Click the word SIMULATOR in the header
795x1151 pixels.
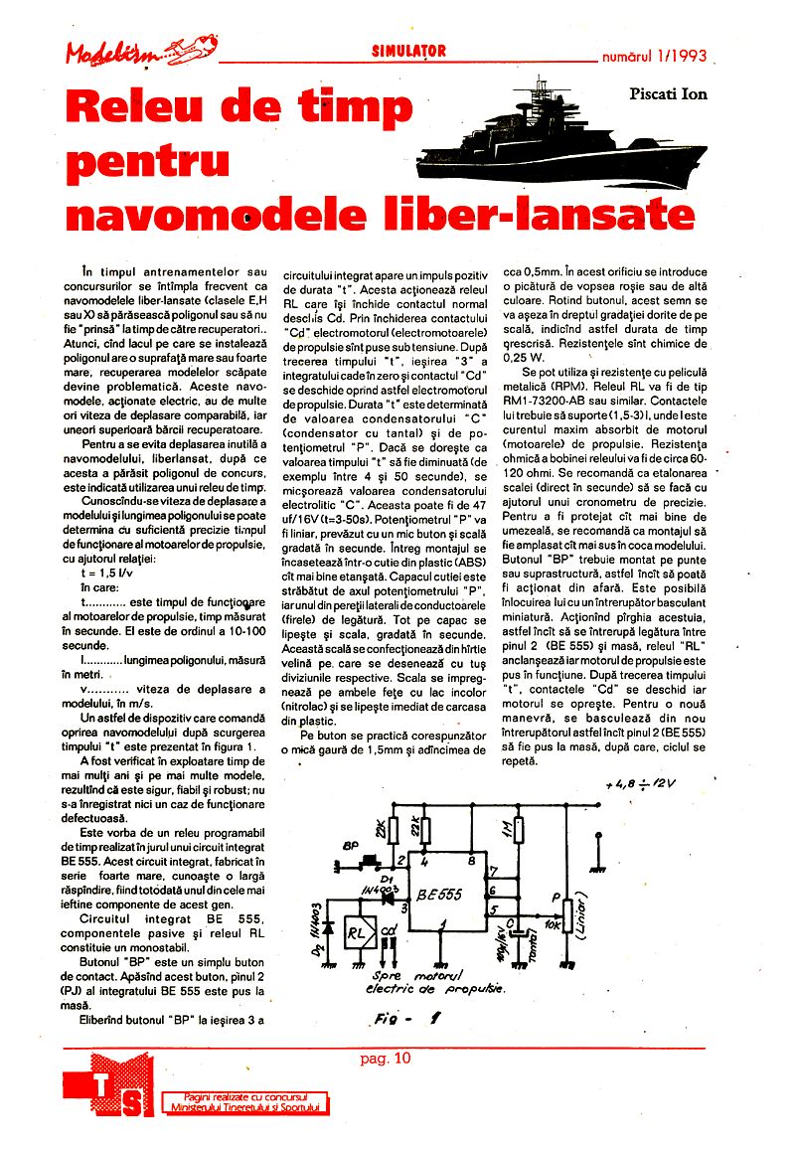click(408, 51)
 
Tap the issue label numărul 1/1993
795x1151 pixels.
click(655, 57)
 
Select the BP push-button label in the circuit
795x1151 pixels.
click(350, 845)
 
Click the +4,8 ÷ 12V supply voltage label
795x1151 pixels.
click(646, 784)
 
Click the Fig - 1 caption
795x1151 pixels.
click(410, 1018)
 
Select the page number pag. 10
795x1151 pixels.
click(386, 1058)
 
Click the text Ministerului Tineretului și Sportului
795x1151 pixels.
click(245, 1106)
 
